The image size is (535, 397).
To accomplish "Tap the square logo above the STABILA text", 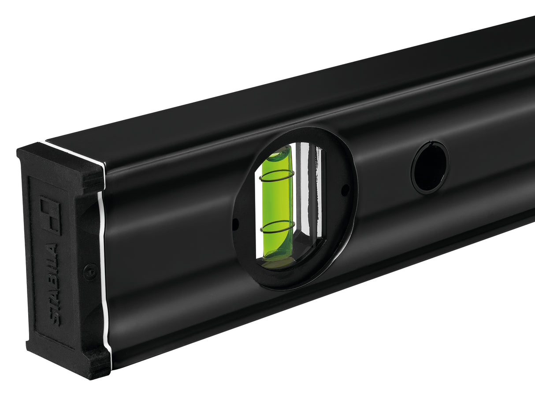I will pos(50,215).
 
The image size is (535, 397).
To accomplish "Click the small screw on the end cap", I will pos(90,271).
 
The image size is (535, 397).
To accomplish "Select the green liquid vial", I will pos(277,203).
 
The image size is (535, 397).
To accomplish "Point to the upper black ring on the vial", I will pos(277,176).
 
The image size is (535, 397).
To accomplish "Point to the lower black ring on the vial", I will pos(277,226).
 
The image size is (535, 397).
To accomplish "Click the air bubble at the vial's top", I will pos(279,154).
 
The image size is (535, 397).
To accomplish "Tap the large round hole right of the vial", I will pos(430,167).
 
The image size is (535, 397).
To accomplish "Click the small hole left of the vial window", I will pos(235,224).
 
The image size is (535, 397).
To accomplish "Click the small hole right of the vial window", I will pos(345,190).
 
